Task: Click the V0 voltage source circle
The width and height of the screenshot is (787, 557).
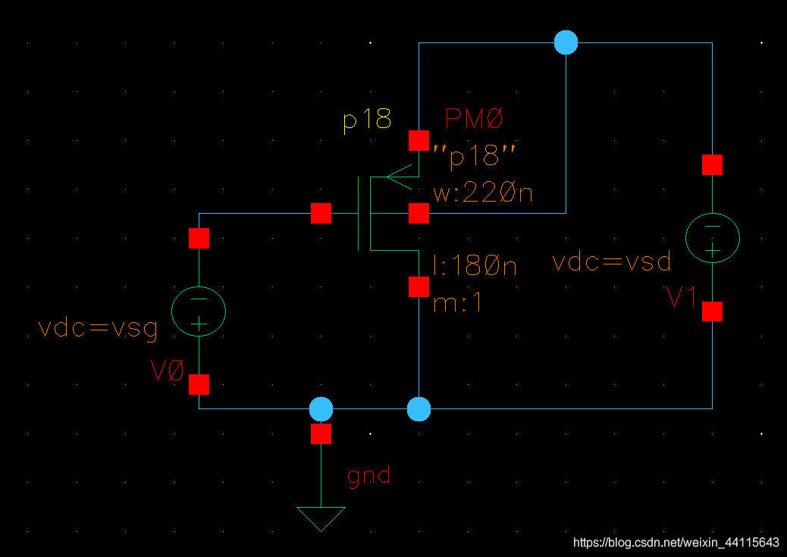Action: point(199,311)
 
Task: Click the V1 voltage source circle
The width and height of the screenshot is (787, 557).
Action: point(712,237)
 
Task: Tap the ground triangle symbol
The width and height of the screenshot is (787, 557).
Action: point(321,518)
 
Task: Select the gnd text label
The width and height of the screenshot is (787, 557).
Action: point(369,475)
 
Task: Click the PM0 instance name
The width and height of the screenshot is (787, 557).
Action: point(474,119)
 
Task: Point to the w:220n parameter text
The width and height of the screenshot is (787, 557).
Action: point(483,194)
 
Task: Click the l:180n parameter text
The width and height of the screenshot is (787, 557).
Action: point(475,266)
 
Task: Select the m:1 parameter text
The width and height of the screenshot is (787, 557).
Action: point(458,303)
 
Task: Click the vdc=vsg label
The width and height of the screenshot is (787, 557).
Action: point(98,329)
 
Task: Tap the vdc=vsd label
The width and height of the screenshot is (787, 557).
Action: point(611,262)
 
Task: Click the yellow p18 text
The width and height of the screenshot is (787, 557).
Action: point(367,120)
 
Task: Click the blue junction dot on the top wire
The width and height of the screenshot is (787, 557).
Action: point(566,43)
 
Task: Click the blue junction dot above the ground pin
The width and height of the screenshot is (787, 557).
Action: point(321,409)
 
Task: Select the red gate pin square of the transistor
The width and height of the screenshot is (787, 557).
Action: point(321,214)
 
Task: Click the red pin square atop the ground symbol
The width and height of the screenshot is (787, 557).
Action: point(321,433)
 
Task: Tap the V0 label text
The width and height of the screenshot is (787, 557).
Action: point(168,371)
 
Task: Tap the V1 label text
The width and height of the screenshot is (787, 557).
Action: point(682,298)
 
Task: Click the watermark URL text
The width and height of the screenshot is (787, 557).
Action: point(676,543)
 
